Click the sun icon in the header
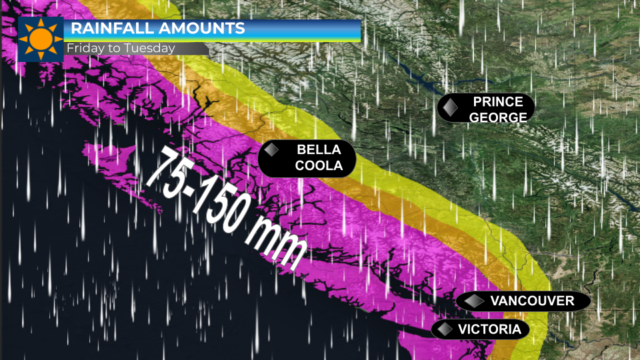point(41,39)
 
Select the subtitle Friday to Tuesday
point(120,49)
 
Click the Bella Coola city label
point(319,158)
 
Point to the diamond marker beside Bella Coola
point(271,150)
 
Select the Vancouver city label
point(532,301)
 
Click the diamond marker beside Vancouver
point(475,301)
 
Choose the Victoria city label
point(489,329)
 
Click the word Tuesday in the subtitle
point(153,49)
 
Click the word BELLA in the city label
point(319,149)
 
